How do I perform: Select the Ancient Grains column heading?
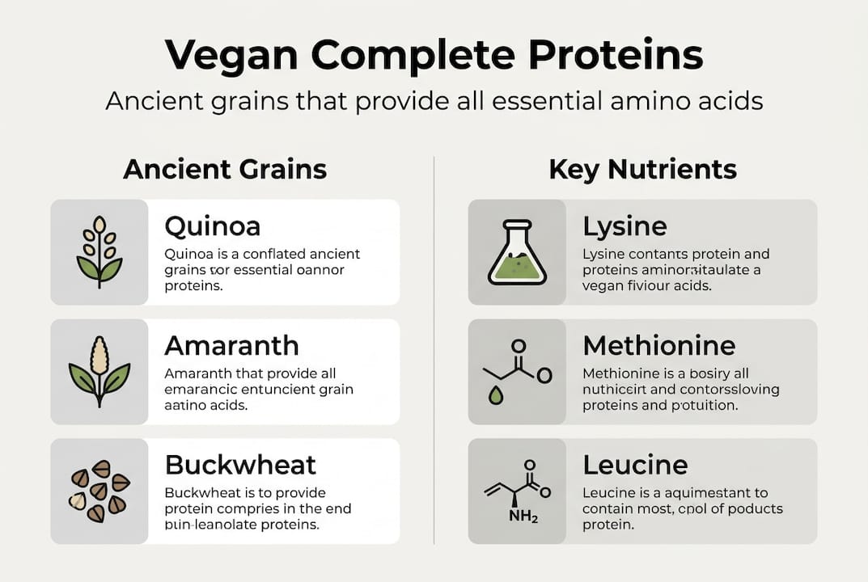pos(225,169)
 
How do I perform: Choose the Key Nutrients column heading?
pos(642,169)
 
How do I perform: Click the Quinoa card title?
pos(212,226)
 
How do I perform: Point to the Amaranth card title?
pos(231,345)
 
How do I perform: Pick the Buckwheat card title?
pos(240,465)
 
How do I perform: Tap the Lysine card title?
pos(625,226)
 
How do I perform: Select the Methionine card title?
pos(658,345)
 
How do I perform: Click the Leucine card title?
pos(635,465)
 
